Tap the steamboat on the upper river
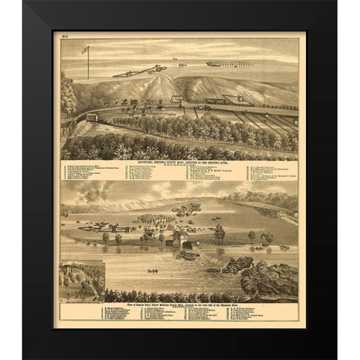224,64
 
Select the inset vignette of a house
82,279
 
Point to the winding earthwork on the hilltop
142,70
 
